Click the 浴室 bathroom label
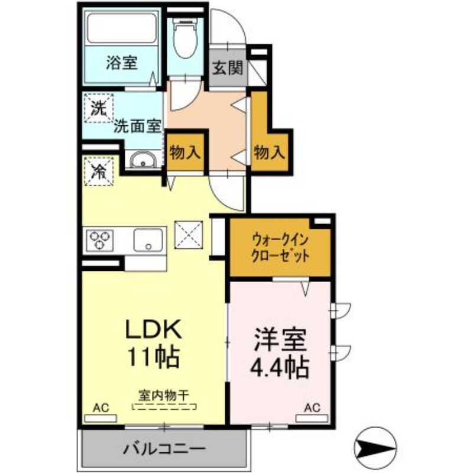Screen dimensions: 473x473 pyautogui.click(x=122, y=62)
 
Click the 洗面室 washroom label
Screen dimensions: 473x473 pyautogui.click(x=138, y=126)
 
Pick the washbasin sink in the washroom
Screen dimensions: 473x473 pyautogui.click(x=142, y=161)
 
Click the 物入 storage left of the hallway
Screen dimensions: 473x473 pyautogui.click(x=185, y=153)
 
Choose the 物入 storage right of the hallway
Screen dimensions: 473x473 pyautogui.click(x=269, y=153)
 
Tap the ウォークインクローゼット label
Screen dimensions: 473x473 pyautogui.click(x=280, y=248)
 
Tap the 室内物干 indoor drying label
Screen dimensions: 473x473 pyautogui.click(x=163, y=394)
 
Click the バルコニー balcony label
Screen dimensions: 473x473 pyautogui.click(x=164, y=448)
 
